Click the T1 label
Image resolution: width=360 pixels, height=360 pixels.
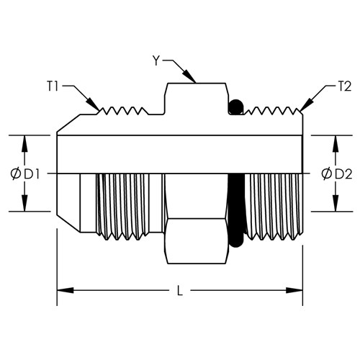tap(53, 86)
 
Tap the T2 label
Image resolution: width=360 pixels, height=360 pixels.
tap(344, 86)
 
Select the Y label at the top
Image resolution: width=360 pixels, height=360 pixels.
tap(156, 60)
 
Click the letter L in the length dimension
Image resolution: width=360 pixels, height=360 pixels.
tap(180, 291)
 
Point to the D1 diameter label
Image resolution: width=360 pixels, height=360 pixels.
tap(32, 174)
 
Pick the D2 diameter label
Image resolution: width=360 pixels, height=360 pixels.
tap(343, 174)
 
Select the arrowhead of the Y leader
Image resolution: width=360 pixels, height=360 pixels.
tap(189, 76)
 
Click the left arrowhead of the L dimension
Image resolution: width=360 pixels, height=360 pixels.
tap(65, 290)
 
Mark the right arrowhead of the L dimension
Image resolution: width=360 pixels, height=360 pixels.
tap(294, 290)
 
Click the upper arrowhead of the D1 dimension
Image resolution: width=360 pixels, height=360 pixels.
tap(24, 143)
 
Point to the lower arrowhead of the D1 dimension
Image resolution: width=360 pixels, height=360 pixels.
tap(24, 203)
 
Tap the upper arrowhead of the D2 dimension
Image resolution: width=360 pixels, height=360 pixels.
tap(336, 143)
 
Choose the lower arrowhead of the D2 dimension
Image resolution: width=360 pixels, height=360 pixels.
tap(336, 203)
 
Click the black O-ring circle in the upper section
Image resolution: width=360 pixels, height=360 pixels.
tap(236, 107)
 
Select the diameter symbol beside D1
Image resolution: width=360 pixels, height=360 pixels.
tap(16, 174)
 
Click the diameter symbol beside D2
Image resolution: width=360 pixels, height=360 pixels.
tap(327, 174)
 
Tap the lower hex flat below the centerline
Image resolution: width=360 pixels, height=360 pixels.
tap(197, 241)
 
